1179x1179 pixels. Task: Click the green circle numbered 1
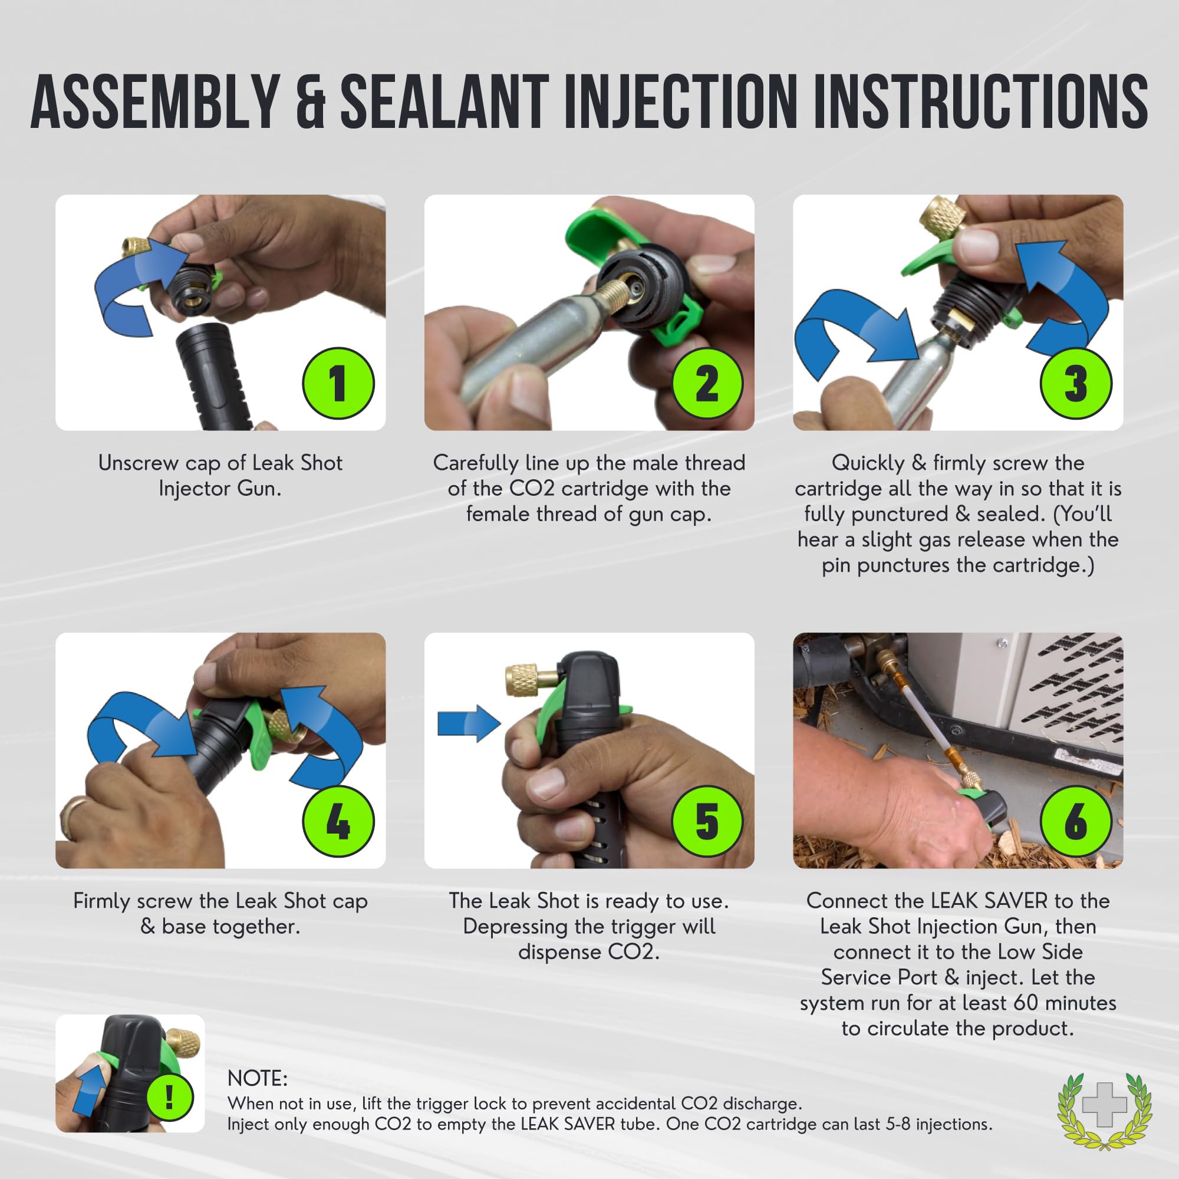338,383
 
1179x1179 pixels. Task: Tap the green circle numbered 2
707,383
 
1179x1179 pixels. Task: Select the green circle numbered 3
1076,383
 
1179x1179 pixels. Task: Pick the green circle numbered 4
338,821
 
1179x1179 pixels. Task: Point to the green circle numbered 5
707,821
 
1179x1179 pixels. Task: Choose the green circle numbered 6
1076,821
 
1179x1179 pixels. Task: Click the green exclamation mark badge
170,1098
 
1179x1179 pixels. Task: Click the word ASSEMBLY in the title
156,101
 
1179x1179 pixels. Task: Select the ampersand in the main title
311,102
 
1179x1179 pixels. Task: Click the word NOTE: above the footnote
257,1078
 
